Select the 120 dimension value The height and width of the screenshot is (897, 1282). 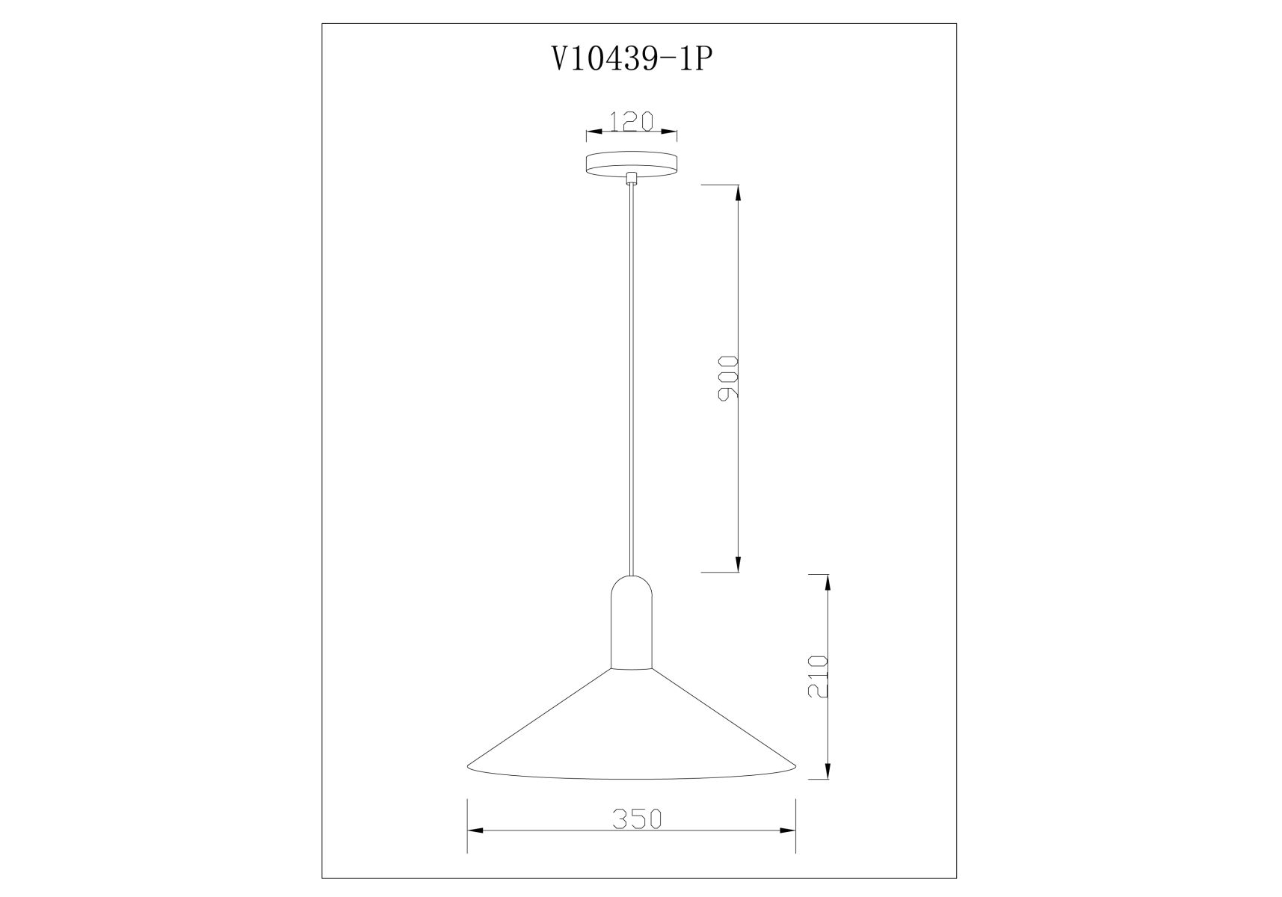[632, 120]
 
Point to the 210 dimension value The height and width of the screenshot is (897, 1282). [819, 677]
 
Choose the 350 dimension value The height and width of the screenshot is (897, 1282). [638, 819]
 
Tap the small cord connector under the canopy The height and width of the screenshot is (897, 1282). [632, 179]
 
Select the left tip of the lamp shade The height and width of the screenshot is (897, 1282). [468, 766]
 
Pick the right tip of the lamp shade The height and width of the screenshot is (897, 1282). [795, 766]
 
